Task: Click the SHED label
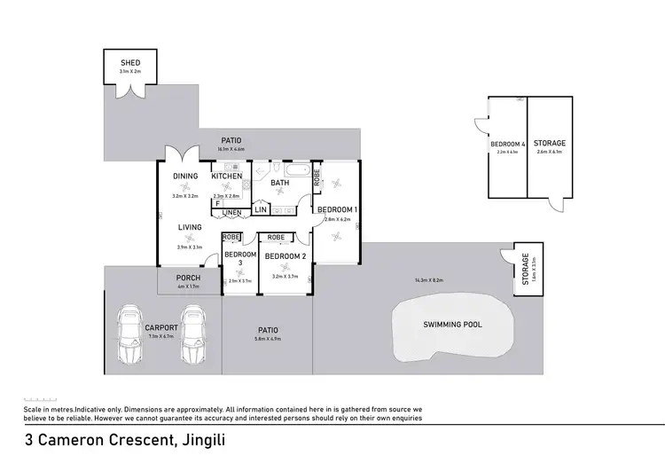coord(130,62)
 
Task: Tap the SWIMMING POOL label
coord(451,325)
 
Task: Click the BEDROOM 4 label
coord(507,144)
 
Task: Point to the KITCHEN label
coord(227,177)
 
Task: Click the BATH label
coord(280,184)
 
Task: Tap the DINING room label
coord(185,177)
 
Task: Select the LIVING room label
coord(190,228)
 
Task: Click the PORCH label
coord(189,278)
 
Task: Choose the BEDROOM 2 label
coord(285,255)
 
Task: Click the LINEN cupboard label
coord(231,213)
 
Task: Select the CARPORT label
coord(161,328)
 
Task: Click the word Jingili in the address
coord(186,439)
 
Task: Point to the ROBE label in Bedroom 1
coord(317,177)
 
